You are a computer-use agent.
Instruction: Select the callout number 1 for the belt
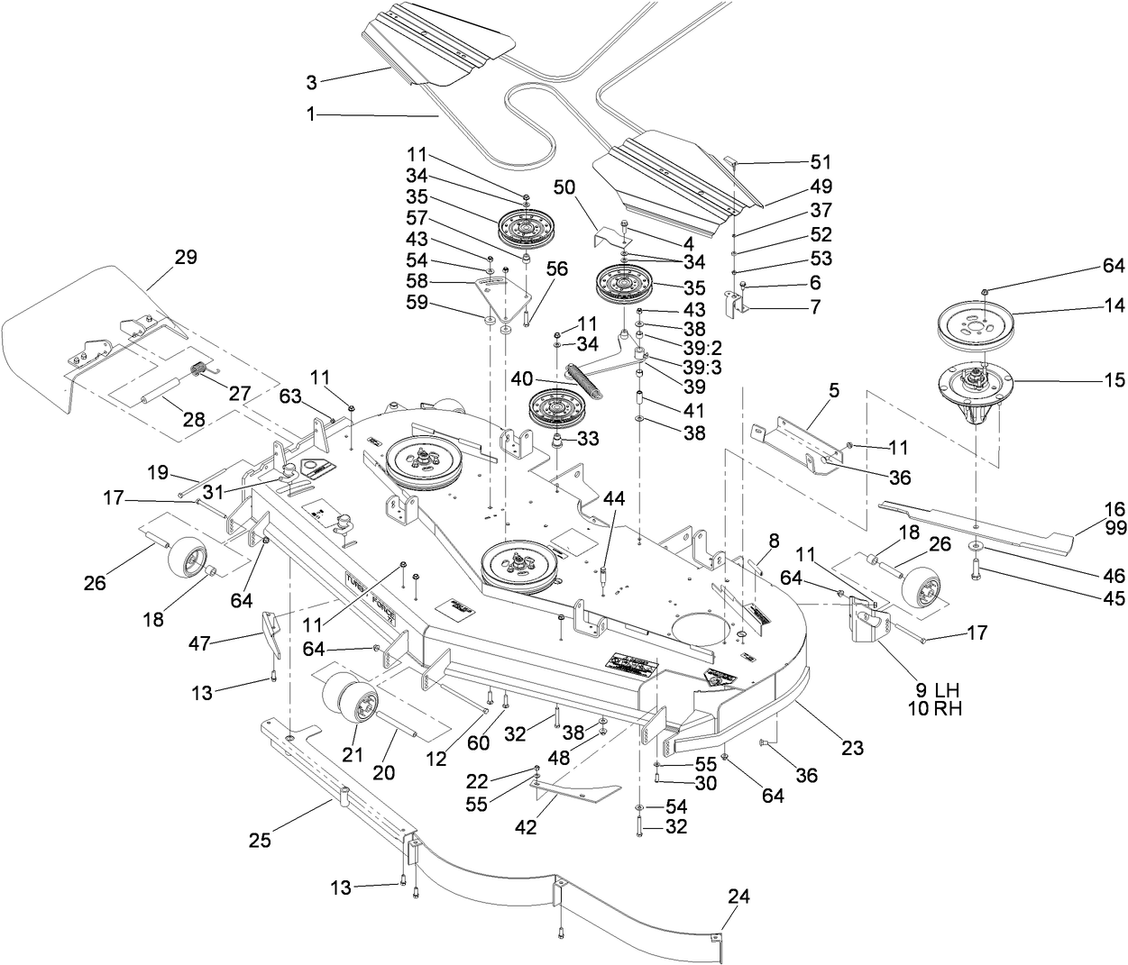(x=311, y=114)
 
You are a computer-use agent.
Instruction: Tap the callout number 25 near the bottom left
(x=260, y=840)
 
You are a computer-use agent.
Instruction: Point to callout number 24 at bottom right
(x=739, y=897)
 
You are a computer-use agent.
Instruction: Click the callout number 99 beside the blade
(x=1114, y=527)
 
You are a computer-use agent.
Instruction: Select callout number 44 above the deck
(x=614, y=497)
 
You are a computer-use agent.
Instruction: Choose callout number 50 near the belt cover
(x=564, y=187)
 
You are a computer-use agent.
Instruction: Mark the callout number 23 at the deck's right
(x=852, y=748)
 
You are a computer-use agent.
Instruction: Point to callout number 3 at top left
(x=311, y=83)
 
